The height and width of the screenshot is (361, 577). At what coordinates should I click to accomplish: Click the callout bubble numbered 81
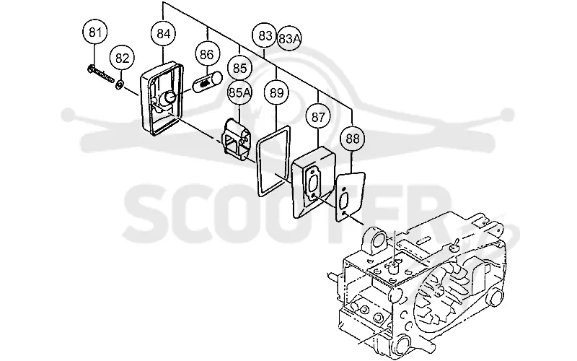click(x=95, y=32)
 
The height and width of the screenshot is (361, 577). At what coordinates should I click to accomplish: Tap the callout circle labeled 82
click(x=122, y=58)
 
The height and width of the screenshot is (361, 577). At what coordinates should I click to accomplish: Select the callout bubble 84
click(x=164, y=33)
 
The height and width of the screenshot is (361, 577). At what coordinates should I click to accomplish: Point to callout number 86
click(x=207, y=55)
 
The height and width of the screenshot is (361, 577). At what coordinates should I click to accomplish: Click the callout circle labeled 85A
click(x=239, y=93)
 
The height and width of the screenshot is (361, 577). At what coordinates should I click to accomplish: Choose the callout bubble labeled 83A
click(x=289, y=38)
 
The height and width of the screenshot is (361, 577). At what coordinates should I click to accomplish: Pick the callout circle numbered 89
click(x=276, y=92)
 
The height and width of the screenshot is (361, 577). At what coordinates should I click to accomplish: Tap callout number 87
click(x=318, y=117)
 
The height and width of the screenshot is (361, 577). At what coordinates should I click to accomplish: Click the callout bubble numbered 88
click(x=353, y=139)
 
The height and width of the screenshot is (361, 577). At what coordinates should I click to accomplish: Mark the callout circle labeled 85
click(x=239, y=68)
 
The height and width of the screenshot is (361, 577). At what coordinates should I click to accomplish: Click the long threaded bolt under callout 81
click(x=101, y=74)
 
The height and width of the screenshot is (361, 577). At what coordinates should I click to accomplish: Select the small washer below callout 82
click(x=119, y=84)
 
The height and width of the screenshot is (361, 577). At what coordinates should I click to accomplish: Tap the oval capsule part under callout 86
click(x=208, y=82)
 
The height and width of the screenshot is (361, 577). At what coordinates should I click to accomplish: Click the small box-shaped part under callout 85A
click(x=237, y=139)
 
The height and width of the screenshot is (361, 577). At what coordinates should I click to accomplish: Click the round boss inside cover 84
click(x=169, y=97)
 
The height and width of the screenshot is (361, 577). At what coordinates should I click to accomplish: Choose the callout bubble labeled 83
click(x=265, y=35)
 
